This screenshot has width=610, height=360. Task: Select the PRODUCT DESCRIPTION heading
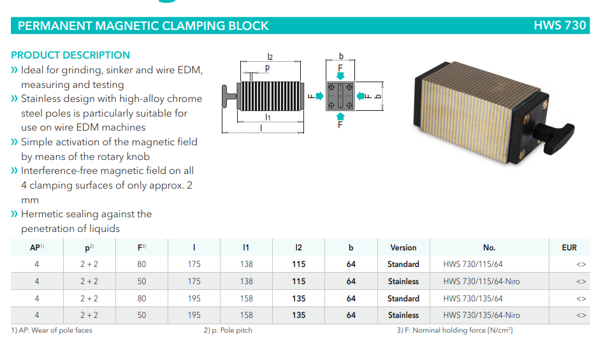(70, 55)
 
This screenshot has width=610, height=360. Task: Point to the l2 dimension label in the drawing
(270, 57)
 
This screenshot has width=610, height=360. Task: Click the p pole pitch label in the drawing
(267, 68)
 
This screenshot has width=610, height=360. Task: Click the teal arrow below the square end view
(340, 115)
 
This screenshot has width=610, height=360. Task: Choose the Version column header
(403, 248)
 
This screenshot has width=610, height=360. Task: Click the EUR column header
(569, 248)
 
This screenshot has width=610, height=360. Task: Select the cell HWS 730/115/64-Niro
(481, 282)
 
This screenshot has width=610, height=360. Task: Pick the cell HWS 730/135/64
(473, 299)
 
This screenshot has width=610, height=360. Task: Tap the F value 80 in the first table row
(142, 264)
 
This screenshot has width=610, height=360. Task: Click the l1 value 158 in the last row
(246, 315)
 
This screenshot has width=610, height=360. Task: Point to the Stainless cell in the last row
(403, 315)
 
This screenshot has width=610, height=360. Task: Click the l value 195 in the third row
(194, 299)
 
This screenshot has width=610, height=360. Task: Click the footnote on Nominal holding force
(454, 330)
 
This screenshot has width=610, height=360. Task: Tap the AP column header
(37, 248)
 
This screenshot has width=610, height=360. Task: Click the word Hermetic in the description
(42, 214)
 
